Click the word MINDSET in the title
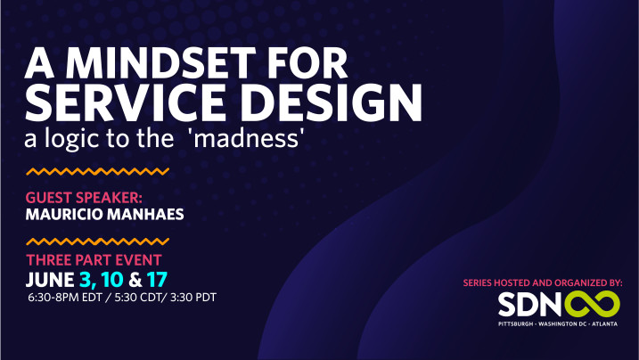coord(160,63)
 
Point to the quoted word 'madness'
coord(250,139)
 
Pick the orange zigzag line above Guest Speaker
coord(98,171)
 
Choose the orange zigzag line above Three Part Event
coord(98,241)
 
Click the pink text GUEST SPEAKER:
coord(84,198)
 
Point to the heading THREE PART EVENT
coord(94,260)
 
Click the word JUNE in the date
coord(50,280)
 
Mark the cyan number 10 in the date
coord(112,280)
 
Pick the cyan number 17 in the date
coord(158,280)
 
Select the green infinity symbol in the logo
coord(592,304)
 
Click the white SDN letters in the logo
coord(529,305)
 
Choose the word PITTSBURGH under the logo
coord(515,324)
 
